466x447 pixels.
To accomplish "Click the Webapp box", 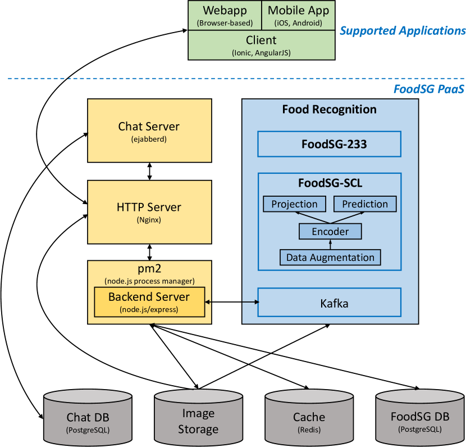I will (x=225, y=15).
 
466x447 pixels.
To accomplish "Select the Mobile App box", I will (x=298, y=15).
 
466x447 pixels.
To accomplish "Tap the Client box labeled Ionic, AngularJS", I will (x=261, y=44).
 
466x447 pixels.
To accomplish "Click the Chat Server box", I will (x=149, y=130).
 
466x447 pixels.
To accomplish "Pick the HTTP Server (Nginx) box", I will (x=149, y=211).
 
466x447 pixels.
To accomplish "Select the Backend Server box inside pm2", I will (x=149, y=301).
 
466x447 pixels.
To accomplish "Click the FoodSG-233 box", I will (x=330, y=144).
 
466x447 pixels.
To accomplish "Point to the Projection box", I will (x=294, y=204).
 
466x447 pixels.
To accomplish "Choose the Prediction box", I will (x=365, y=204).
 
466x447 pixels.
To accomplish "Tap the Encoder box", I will (x=330, y=231).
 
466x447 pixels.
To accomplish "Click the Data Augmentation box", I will (x=330, y=258).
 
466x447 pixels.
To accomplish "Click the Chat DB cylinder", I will (x=88, y=419).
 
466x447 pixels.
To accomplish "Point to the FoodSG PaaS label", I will (x=428, y=88).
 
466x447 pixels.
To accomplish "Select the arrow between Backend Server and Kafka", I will (x=231, y=302).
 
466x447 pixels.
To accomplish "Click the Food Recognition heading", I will (x=329, y=109).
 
